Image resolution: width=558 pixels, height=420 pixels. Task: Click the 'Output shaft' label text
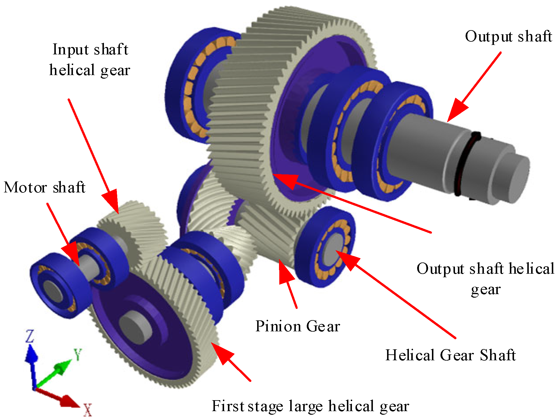click(508, 37)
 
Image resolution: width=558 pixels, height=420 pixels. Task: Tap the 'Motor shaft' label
click(44, 187)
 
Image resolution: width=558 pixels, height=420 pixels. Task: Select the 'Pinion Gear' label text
click(297, 326)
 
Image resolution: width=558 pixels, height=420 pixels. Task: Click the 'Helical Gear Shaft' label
click(450, 355)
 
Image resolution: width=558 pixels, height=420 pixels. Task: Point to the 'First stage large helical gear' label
click(310, 406)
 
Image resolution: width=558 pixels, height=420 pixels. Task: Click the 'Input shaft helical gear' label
click(90, 60)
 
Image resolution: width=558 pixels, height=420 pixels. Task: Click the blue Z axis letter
click(30, 336)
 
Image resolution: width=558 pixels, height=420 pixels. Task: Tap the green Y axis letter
click(78, 354)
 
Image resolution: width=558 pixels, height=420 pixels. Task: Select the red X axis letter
click(87, 410)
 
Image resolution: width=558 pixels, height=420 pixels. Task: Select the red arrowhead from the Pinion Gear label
click(285, 272)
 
